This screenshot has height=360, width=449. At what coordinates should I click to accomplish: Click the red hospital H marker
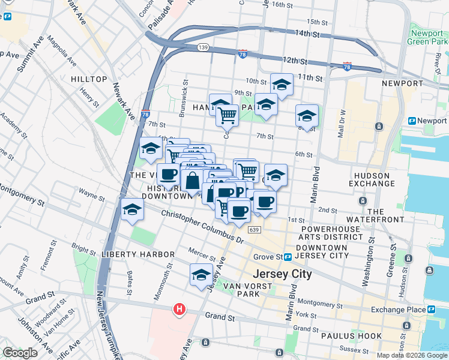(x=179, y=310)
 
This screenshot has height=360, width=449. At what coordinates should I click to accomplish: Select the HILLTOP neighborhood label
(x=89, y=79)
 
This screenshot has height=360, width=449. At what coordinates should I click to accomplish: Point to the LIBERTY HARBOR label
(x=137, y=254)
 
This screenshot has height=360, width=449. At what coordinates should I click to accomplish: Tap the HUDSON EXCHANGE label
(x=381, y=179)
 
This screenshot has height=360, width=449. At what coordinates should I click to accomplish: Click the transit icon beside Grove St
(x=288, y=257)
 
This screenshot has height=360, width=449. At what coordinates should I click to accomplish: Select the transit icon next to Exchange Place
(x=430, y=309)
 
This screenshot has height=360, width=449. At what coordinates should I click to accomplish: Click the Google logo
(x=20, y=352)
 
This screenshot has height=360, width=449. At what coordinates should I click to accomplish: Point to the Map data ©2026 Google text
(x=412, y=355)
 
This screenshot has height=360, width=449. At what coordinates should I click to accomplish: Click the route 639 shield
(x=254, y=230)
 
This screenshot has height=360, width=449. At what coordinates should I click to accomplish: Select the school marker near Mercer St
(x=202, y=275)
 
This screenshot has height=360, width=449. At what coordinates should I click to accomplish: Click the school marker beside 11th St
(x=282, y=85)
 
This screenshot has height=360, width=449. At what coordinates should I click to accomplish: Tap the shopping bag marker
(x=192, y=180)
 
